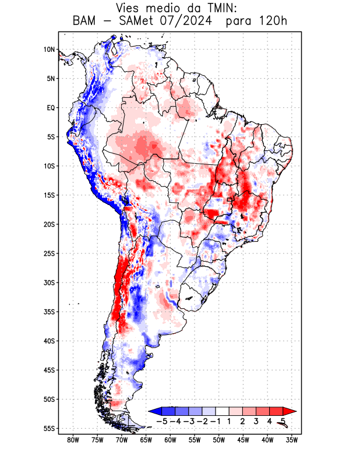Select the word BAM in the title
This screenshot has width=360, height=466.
85,22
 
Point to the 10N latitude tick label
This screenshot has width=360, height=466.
50,50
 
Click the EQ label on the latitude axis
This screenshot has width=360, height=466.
51,108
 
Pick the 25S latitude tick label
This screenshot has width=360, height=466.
50,253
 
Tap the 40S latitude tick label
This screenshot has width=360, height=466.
50,341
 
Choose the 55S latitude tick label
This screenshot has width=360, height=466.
50,428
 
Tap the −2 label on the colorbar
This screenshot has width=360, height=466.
202,421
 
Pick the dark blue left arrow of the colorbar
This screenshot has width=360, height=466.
154,411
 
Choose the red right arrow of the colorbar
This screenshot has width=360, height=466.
290,411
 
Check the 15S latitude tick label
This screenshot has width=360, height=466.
50,195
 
